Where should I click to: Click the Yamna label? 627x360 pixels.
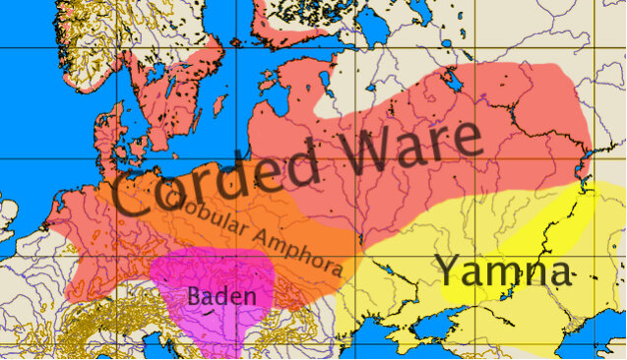502,270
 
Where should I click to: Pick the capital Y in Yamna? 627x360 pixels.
447,269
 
